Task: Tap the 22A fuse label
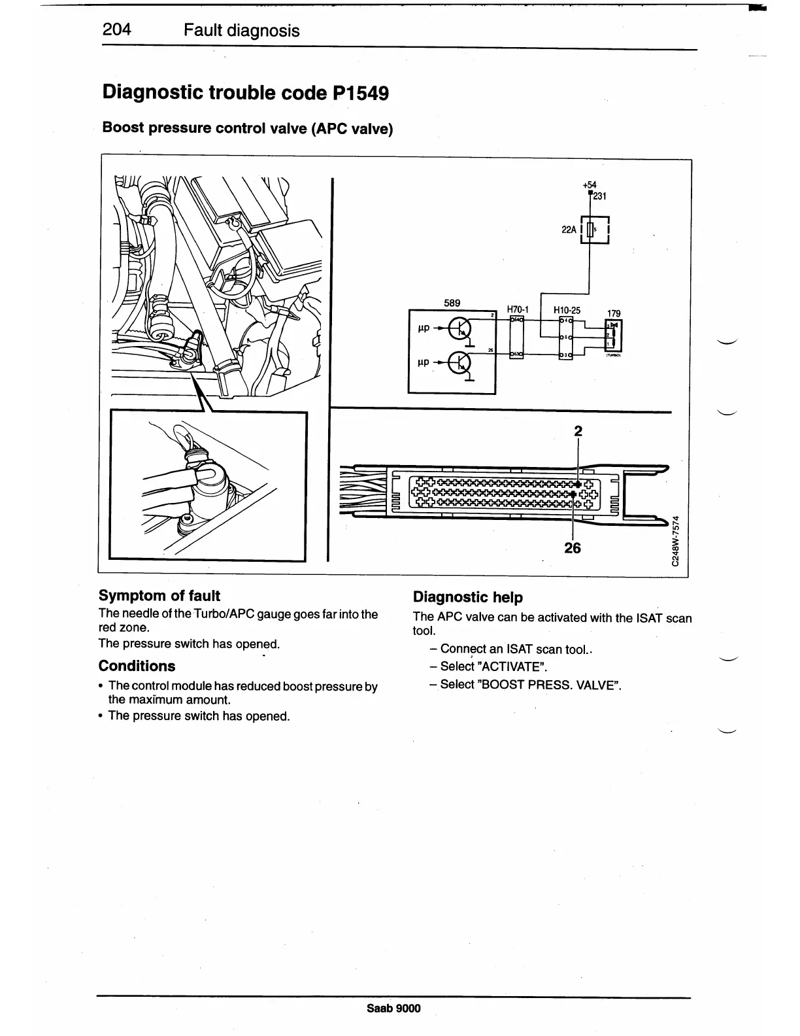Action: [x=569, y=230]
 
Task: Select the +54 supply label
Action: [x=590, y=185]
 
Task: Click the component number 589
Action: [x=452, y=303]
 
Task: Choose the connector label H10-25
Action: [x=567, y=310]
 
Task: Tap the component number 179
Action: [x=614, y=313]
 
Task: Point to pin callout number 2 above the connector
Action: [x=578, y=431]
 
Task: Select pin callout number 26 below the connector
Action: [x=573, y=547]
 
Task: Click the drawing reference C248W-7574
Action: [x=678, y=543]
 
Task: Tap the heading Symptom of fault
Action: [x=159, y=596]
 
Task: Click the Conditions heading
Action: [x=137, y=666]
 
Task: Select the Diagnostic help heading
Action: [x=468, y=597]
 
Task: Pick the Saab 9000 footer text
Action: [x=394, y=1008]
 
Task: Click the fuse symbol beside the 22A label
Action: [x=590, y=230]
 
